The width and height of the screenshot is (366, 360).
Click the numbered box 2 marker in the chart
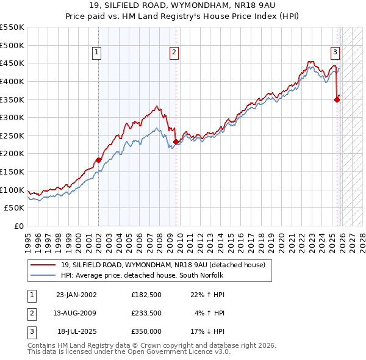pyautogui.click(x=174, y=53)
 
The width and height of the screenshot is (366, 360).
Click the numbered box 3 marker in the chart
pyautogui.click(x=335, y=53)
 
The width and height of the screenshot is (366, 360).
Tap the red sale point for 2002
pyautogui.click(x=99, y=160)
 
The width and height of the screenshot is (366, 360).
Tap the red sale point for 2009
pyautogui.click(x=176, y=142)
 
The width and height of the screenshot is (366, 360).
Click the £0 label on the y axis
pyautogui.click(x=18, y=226)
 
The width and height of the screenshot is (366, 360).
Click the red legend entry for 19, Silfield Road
pyautogui.click(x=163, y=265)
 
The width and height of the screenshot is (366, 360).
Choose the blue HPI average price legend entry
pyautogui.click(x=142, y=276)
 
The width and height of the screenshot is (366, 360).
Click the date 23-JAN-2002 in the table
pyautogui.click(x=76, y=295)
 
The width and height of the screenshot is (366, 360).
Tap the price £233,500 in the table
pyautogui.click(x=146, y=313)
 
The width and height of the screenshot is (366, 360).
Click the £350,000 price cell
pyautogui.click(x=146, y=331)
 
